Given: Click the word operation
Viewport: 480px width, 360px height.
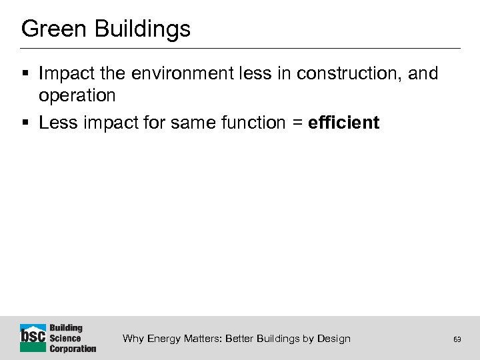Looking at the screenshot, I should pyautogui.click(x=77, y=95).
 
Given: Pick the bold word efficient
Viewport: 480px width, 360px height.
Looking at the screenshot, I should pyautogui.click(x=344, y=123).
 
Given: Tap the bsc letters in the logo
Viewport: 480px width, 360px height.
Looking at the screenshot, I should pyautogui.click(x=33, y=337).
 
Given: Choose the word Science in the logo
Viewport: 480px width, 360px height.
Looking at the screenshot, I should pyautogui.click(x=65, y=338).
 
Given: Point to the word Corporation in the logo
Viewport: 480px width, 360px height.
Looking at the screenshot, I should pyautogui.click(x=73, y=348).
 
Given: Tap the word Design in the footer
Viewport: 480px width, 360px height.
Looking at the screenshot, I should pyautogui.click(x=333, y=339).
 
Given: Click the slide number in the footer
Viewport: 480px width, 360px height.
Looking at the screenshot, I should pyautogui.click(x=457, y=339).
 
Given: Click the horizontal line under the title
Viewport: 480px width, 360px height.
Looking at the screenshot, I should pyautogui.click(x=240, y=48).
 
